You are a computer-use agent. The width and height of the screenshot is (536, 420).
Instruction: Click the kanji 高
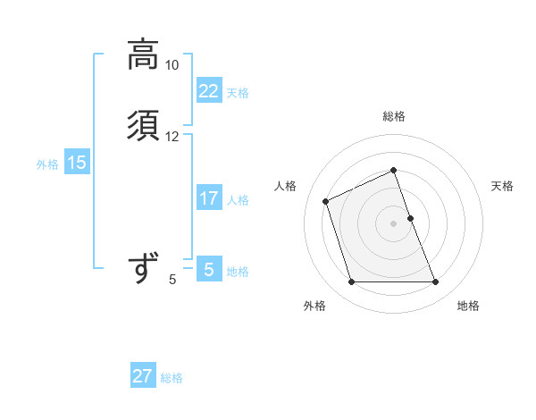point(144,55)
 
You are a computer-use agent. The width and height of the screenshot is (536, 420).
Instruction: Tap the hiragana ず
point(144,268)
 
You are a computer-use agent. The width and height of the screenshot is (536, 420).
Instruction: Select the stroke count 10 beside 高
point(172,65)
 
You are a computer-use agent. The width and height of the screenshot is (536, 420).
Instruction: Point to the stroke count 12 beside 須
point(172,137)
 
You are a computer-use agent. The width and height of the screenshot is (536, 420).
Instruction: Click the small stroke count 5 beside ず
point(172,280)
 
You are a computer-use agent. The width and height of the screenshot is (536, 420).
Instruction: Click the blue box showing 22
point(208,91)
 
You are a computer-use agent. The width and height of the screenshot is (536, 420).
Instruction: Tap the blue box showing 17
point(208,198)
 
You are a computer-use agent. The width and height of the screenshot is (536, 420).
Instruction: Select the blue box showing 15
point(77,163)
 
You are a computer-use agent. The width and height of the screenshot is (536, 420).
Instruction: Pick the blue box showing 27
point(142,376)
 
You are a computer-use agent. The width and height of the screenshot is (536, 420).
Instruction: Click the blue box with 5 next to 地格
point(208,269)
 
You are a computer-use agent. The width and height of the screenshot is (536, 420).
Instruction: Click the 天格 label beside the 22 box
point(238,93)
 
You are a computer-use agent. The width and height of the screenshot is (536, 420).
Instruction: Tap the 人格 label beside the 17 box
point(238,200)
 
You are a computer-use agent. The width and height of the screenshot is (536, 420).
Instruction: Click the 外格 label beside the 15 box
point(47,164)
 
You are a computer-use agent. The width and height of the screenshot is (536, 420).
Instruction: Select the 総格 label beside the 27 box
point(172,378)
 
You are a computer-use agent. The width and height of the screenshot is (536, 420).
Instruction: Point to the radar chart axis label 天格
point(502,186)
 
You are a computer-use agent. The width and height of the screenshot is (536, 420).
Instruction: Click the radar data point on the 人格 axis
point(326,200)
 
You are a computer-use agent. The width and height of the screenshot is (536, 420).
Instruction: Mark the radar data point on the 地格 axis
point(436,282)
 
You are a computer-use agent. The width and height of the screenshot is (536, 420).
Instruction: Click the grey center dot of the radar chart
point(394,223)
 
